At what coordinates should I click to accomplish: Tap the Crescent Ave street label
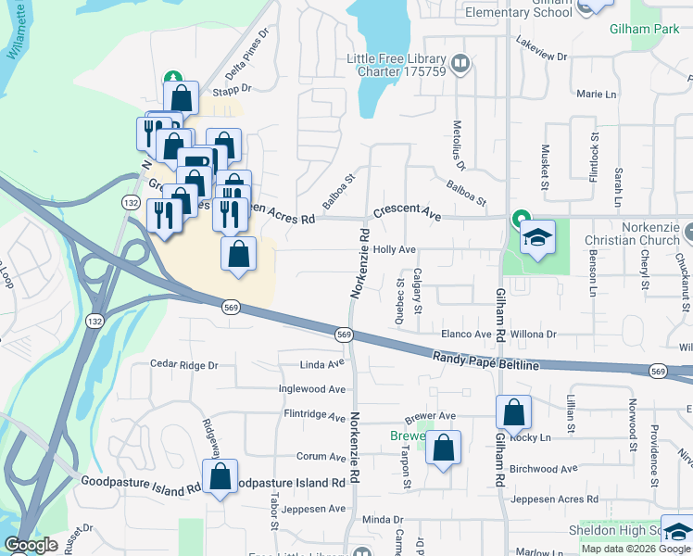point(408,212)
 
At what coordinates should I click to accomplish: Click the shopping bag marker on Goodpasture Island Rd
point(220,478)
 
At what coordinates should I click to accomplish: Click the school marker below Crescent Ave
point(537,239)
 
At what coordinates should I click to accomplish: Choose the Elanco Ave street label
point(466,334)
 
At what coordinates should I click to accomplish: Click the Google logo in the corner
point(31,545)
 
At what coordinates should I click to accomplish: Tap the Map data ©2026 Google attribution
point(636,549)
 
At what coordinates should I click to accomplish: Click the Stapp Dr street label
point(232,90)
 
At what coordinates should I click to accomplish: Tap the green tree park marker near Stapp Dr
point(171,79)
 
